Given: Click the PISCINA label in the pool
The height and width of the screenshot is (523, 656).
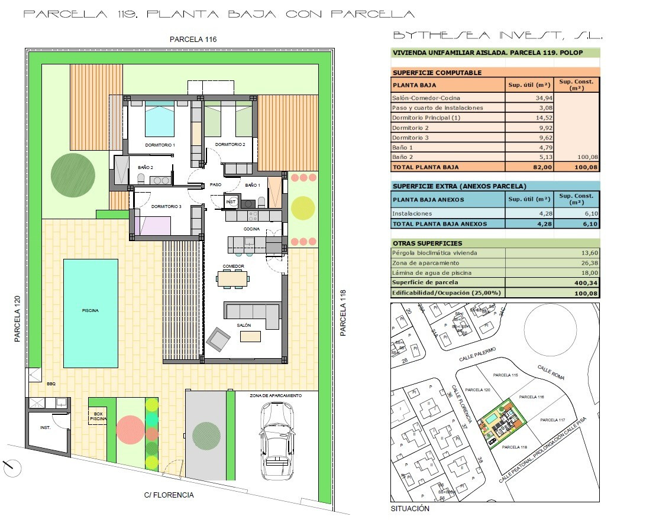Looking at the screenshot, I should pos(91,310).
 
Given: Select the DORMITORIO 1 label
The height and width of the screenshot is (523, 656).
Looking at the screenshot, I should pos(160,145).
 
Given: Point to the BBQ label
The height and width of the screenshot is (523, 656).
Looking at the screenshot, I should pos(51,384).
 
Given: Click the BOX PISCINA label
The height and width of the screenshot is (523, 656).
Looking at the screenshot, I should pos(98,415).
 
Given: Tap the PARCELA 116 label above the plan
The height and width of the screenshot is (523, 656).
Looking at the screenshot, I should pos(193,40).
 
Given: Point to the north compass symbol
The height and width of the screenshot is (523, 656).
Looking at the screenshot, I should pos(12,469).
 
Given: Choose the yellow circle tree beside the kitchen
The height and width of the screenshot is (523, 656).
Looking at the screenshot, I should pos(303,207).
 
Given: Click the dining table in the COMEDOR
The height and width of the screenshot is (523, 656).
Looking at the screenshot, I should pos(233,278).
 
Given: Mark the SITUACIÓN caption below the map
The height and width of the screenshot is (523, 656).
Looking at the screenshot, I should pos(410,509).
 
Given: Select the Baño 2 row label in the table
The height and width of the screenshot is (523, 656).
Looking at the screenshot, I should pos(402,158).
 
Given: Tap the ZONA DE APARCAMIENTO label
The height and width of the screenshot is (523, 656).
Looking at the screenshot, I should pos(276,395).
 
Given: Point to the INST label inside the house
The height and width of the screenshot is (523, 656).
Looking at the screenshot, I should pos(231,202).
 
